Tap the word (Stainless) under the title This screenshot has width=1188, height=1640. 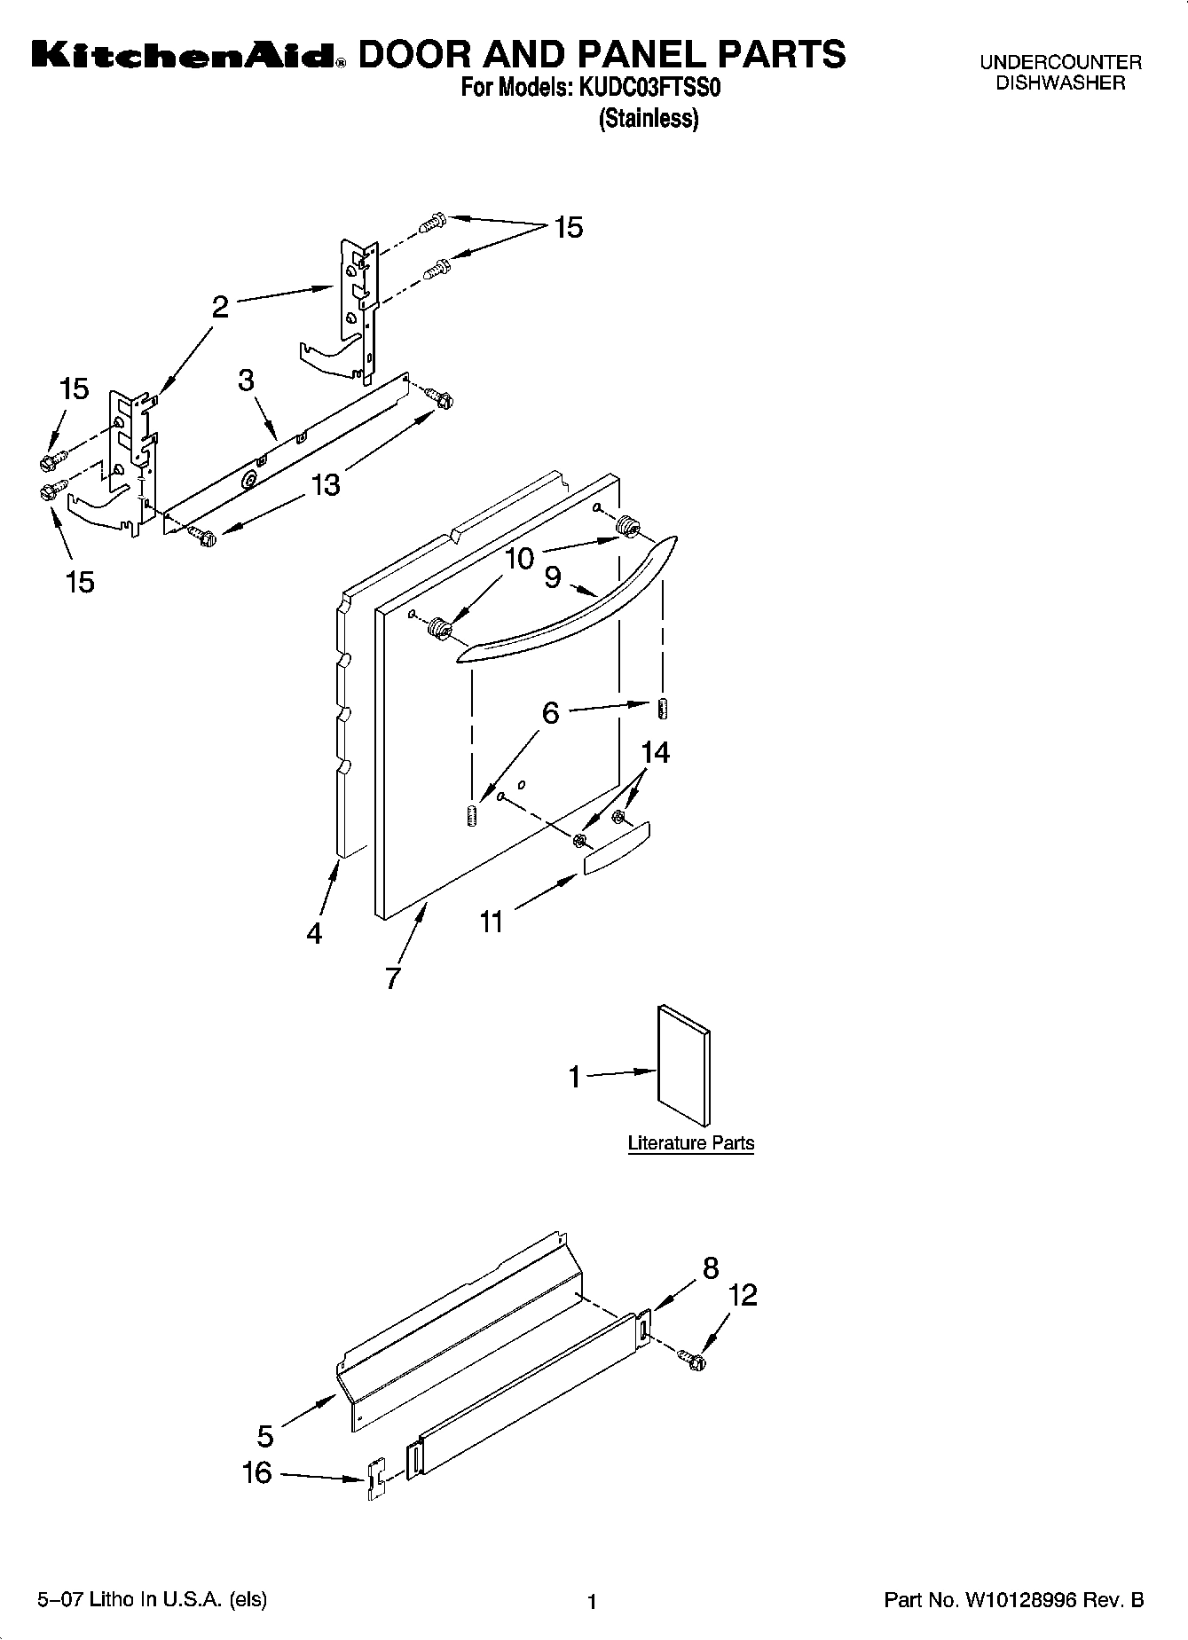click(x=649, y=118)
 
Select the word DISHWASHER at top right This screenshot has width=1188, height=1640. click(x=1060, y=83)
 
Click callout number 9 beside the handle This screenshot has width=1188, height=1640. click(x=553, y=577)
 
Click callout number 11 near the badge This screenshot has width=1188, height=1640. click(x=492, y=922)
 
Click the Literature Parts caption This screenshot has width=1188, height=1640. click(x=690, y=1142)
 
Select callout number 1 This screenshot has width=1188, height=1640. click(x=575, y=1077)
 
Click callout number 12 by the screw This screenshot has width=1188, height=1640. click(x=743, y=1295)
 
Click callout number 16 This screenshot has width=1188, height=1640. click(x=256, y=1473)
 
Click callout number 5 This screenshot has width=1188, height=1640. click(x=265, y=1434)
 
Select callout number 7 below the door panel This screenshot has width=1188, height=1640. click(x=392, y=977)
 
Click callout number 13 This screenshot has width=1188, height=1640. click(x=326, y=485)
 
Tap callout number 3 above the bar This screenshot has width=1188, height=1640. click(x=246, y=380)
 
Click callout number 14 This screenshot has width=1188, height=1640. click(x=655, y=752)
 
